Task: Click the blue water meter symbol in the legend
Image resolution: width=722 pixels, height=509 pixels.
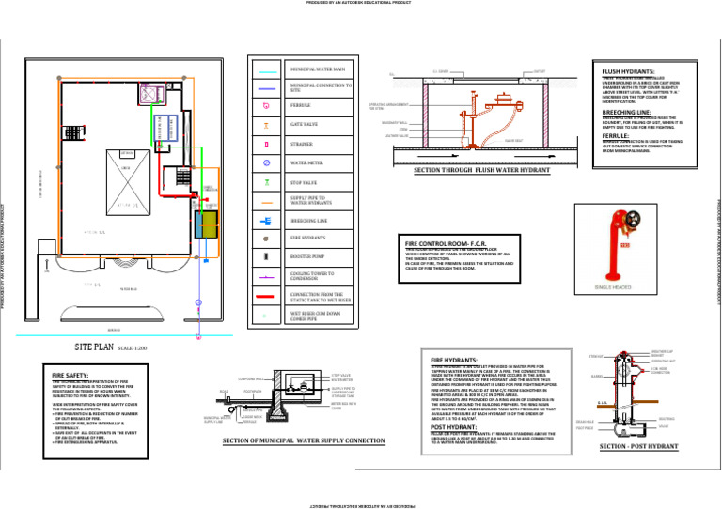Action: [268, 163]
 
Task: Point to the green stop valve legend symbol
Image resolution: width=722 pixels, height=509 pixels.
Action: [268, 182]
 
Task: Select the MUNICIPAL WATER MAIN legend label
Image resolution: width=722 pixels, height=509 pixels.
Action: [317, 69]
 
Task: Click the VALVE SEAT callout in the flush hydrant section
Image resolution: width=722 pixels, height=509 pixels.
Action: [515, 140]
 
